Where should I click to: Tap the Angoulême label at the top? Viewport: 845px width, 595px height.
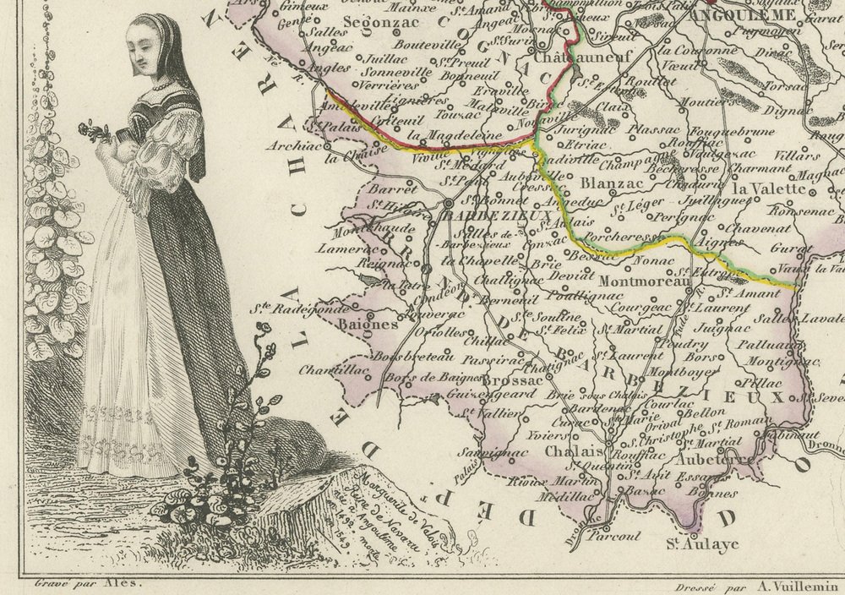pyautogui.click(x=742, y=14)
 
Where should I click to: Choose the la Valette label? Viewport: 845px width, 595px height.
pyautogui.click(x=771, y=188)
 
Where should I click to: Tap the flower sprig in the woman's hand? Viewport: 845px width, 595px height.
pyautogui.click(x=95, y=131)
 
